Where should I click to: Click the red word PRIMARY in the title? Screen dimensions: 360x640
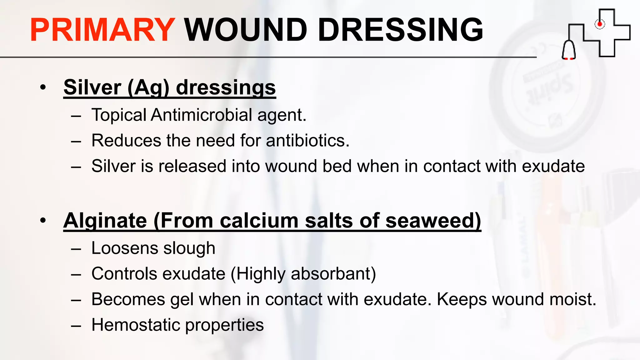click(x=102, y=30)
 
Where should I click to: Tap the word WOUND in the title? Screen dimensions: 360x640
click(x=246, y=30)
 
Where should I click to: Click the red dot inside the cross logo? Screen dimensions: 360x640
click(x=599, y=24)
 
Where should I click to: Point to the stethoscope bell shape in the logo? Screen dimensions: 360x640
click(x=569, y=50)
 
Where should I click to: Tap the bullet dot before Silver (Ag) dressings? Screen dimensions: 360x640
click(x=43, y=87)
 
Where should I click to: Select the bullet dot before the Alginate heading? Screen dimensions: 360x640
click(x=43, y=220)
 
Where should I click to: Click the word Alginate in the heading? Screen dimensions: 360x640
click(x=105, y=221)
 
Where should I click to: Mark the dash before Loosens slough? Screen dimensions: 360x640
click(x=76, y=249)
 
